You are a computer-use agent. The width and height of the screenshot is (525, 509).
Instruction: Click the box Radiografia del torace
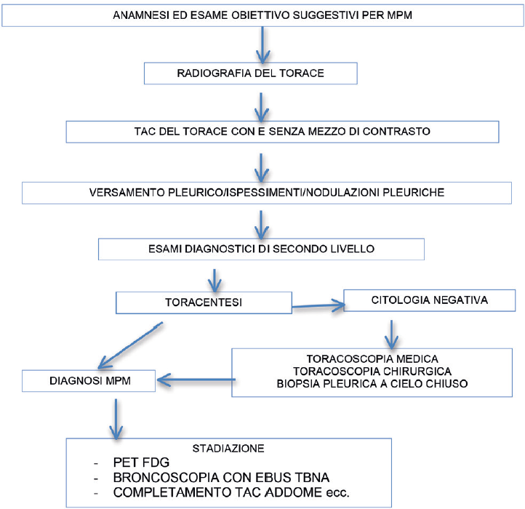[250, 73]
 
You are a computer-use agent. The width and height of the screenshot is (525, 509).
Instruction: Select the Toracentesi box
[204, 302]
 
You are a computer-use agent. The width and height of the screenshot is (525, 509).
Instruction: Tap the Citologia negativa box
[430, 300]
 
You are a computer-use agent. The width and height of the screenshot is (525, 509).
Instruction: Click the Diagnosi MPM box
[89, 381]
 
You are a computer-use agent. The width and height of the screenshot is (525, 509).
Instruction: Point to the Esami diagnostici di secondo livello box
[261, 249]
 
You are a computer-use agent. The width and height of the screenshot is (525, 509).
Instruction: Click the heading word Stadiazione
[228, 449]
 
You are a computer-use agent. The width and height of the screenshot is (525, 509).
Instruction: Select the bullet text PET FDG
[141, 462]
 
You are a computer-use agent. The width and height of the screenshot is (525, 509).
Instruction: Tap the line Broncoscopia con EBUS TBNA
[221, 478]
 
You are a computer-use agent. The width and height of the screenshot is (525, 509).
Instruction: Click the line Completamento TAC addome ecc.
[231, 492]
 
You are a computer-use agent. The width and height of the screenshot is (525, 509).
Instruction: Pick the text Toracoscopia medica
[372, 359]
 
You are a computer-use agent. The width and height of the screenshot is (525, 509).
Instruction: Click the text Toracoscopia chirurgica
[372, 372]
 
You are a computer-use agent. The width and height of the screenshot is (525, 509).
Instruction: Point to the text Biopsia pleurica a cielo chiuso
[372, 384]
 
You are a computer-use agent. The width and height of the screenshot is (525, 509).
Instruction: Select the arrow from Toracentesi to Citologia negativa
[318, 305]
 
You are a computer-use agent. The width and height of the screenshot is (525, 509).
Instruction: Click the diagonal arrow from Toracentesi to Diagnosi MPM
[131, 345]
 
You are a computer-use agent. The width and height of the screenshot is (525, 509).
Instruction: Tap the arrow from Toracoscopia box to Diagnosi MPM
[196, 380]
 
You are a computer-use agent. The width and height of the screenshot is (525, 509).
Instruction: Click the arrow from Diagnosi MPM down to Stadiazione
[116, 419]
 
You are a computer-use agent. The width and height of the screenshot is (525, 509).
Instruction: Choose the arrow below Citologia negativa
[391, 334]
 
